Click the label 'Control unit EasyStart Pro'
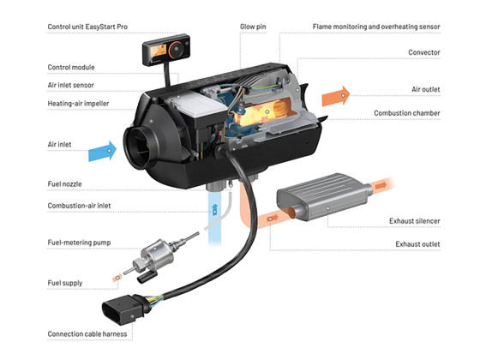click(87, 27)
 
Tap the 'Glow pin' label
click(253, 27)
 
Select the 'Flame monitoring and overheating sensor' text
click(376, 27)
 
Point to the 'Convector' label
click(424, 52)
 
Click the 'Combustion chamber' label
click(407, 113)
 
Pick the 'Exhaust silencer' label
click(415, 221)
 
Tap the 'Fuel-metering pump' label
click(79, 243)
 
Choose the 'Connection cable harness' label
click(87, 333)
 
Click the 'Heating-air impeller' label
click(78, 104)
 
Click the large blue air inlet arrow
click(103, 151)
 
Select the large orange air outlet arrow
click(336, 96)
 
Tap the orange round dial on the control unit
click(177, 49)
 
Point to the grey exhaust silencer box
click(325, 196)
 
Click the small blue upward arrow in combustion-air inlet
click(215, 210)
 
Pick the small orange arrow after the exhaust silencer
click(381, 185)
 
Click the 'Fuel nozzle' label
click(64, 184)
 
